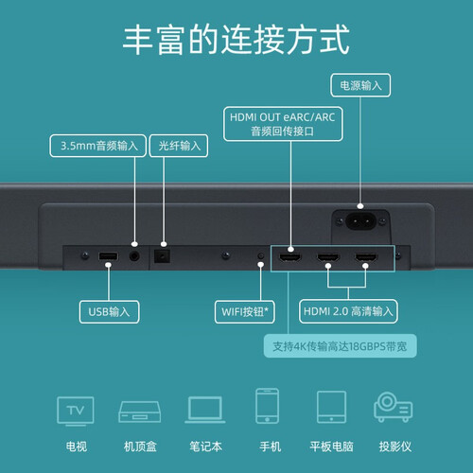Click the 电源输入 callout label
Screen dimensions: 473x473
coord(360,85)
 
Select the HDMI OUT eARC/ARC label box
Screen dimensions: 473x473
coord(283,124)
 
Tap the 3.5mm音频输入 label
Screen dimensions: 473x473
coord(98,146)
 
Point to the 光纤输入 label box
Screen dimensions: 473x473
coord(179,146)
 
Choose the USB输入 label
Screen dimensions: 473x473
coord(109,312)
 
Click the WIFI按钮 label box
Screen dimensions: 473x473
coord(245,312)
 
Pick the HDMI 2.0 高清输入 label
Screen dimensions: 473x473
coord(348,311)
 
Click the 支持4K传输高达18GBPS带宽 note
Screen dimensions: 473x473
coord(340,346)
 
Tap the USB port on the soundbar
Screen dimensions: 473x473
coord(109,256)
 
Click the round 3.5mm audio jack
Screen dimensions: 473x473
coord(134,256)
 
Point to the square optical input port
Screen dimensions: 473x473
coord(162,256)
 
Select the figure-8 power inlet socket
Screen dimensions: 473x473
coord(360,221)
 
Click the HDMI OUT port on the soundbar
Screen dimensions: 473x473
coord(290,257)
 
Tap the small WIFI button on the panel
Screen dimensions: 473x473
coord(261,255)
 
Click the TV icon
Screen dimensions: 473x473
coord(76,412)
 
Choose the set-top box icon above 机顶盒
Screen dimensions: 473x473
coord(140,412)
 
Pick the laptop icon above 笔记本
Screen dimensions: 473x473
coord(205,410)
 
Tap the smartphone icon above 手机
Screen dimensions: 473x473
coord(267,406)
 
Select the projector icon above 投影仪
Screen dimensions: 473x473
coord(394,407)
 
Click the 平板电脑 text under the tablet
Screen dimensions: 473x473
coord(331,447)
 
